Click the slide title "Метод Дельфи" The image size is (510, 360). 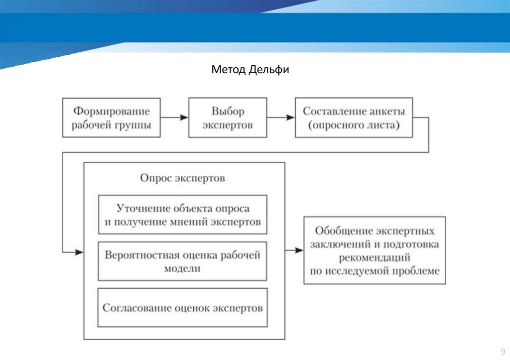point(250,69)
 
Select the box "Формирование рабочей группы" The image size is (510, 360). point(112,118)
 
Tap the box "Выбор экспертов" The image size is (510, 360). point(228,118)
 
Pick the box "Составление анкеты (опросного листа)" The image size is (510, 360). point(354,118)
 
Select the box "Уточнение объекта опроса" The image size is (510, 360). point(183,215)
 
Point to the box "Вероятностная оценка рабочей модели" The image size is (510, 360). point(183,261)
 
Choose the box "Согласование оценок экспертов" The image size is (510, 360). point(183,308)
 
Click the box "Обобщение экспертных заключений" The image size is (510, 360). point(375,250)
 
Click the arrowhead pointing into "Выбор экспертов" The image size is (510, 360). point(184,118)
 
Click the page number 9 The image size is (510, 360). point(502,350)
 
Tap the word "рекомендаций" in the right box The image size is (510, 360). point(375,258)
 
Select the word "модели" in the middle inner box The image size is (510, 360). point(182,268)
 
